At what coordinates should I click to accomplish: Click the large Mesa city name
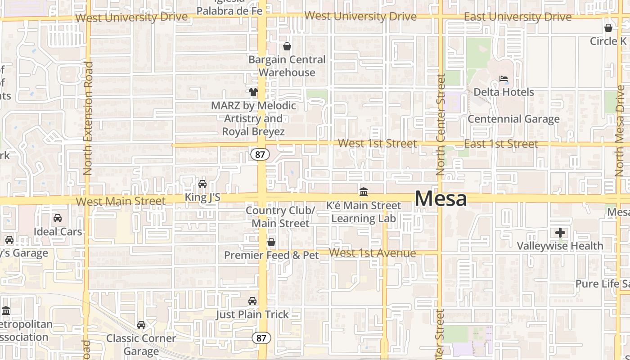coord(441,198)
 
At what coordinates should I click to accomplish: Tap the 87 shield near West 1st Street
coord(260,154)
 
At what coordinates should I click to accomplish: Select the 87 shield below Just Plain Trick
coord(261,338)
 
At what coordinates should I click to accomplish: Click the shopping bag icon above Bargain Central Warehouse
coord(287,46)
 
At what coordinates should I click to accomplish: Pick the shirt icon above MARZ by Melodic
coord(253,92)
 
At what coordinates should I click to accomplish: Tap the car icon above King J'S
coord(202,184)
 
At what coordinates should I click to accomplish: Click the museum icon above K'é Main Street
coord(364,192)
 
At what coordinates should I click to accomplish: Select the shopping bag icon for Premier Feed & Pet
coord(271,242)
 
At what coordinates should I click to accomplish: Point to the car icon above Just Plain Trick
coord(252,301)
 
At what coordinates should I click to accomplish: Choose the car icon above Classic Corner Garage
coord(141,325)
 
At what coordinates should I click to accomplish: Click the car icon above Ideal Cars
coord(58,218)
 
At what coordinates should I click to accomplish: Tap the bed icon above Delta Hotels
coord(504,79)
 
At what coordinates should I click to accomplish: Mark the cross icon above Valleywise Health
coord(560,233)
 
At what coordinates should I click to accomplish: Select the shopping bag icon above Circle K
coord(608,28)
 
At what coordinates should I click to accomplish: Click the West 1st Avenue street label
coord(373,253)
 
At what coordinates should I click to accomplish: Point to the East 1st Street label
coord(501,144)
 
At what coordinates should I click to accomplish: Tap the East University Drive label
coord(517,17)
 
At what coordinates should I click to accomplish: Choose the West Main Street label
coord(121,201)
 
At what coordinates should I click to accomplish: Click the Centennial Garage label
coord(513,119)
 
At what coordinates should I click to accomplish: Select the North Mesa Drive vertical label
coord(621,130)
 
